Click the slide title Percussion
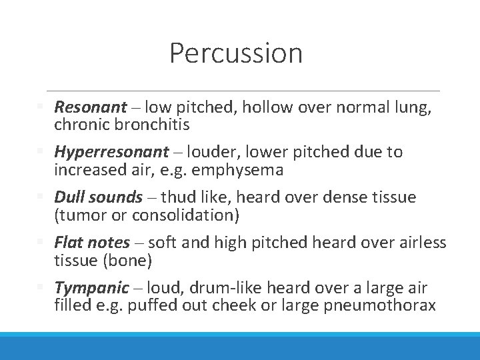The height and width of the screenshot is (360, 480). tap(236, 53)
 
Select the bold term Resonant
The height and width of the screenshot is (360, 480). tap(90, 107)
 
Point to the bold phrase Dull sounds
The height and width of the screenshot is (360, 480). tap(98, 197)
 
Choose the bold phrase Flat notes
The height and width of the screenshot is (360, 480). tap(92, 243)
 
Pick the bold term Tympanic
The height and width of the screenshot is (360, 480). tap(91, 288)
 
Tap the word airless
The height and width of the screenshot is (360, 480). tap(421, 243)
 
